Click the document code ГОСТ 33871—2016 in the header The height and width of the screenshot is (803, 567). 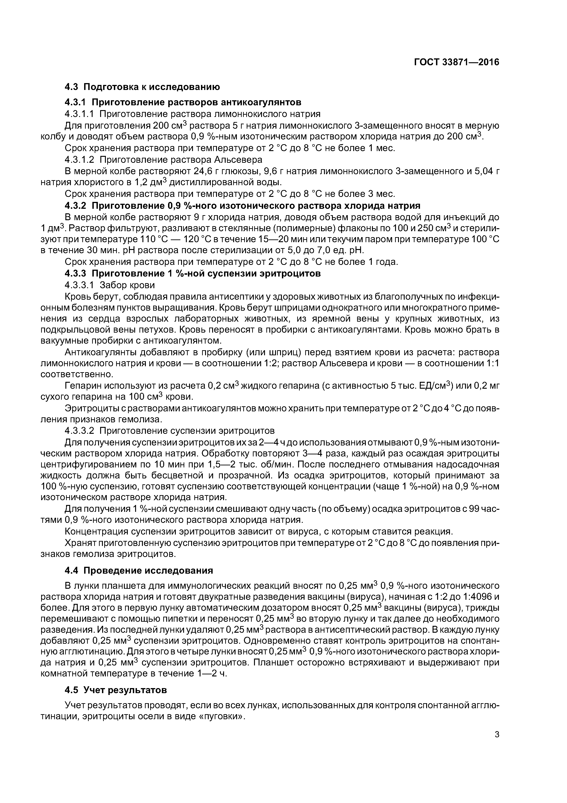point(457,62)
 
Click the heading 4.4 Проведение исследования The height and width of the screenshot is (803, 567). point(139,571)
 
